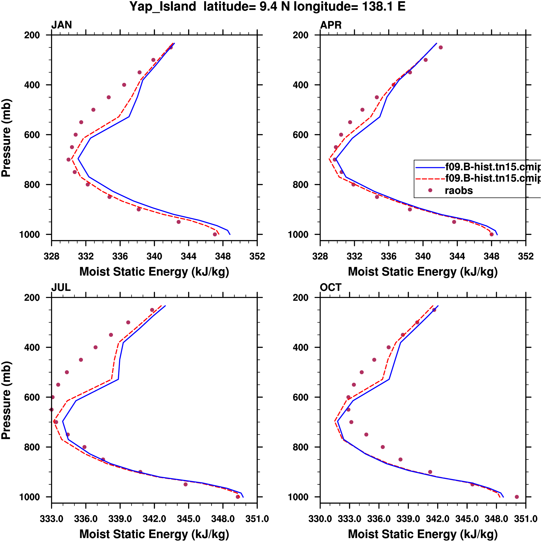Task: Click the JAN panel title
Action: [61, 25]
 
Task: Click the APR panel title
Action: [331, 25]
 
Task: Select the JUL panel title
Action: [61, 287]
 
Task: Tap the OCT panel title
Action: [331, 287]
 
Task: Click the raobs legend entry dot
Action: [430, 190]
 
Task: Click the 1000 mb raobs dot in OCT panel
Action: [517, 497]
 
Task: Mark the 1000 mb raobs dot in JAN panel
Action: [215, 234]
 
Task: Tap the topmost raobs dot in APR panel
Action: [441, 47]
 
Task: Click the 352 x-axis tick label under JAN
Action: [257, 256]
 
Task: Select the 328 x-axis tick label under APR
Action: [320, 256]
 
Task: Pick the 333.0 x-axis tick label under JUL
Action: [52, 519]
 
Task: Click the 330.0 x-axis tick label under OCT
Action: [320, 519]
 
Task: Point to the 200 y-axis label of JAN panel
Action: [32, 35]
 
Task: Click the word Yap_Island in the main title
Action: [163, 7]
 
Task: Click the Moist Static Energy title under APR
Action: [423, 272]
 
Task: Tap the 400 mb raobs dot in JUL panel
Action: [95, 347]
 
